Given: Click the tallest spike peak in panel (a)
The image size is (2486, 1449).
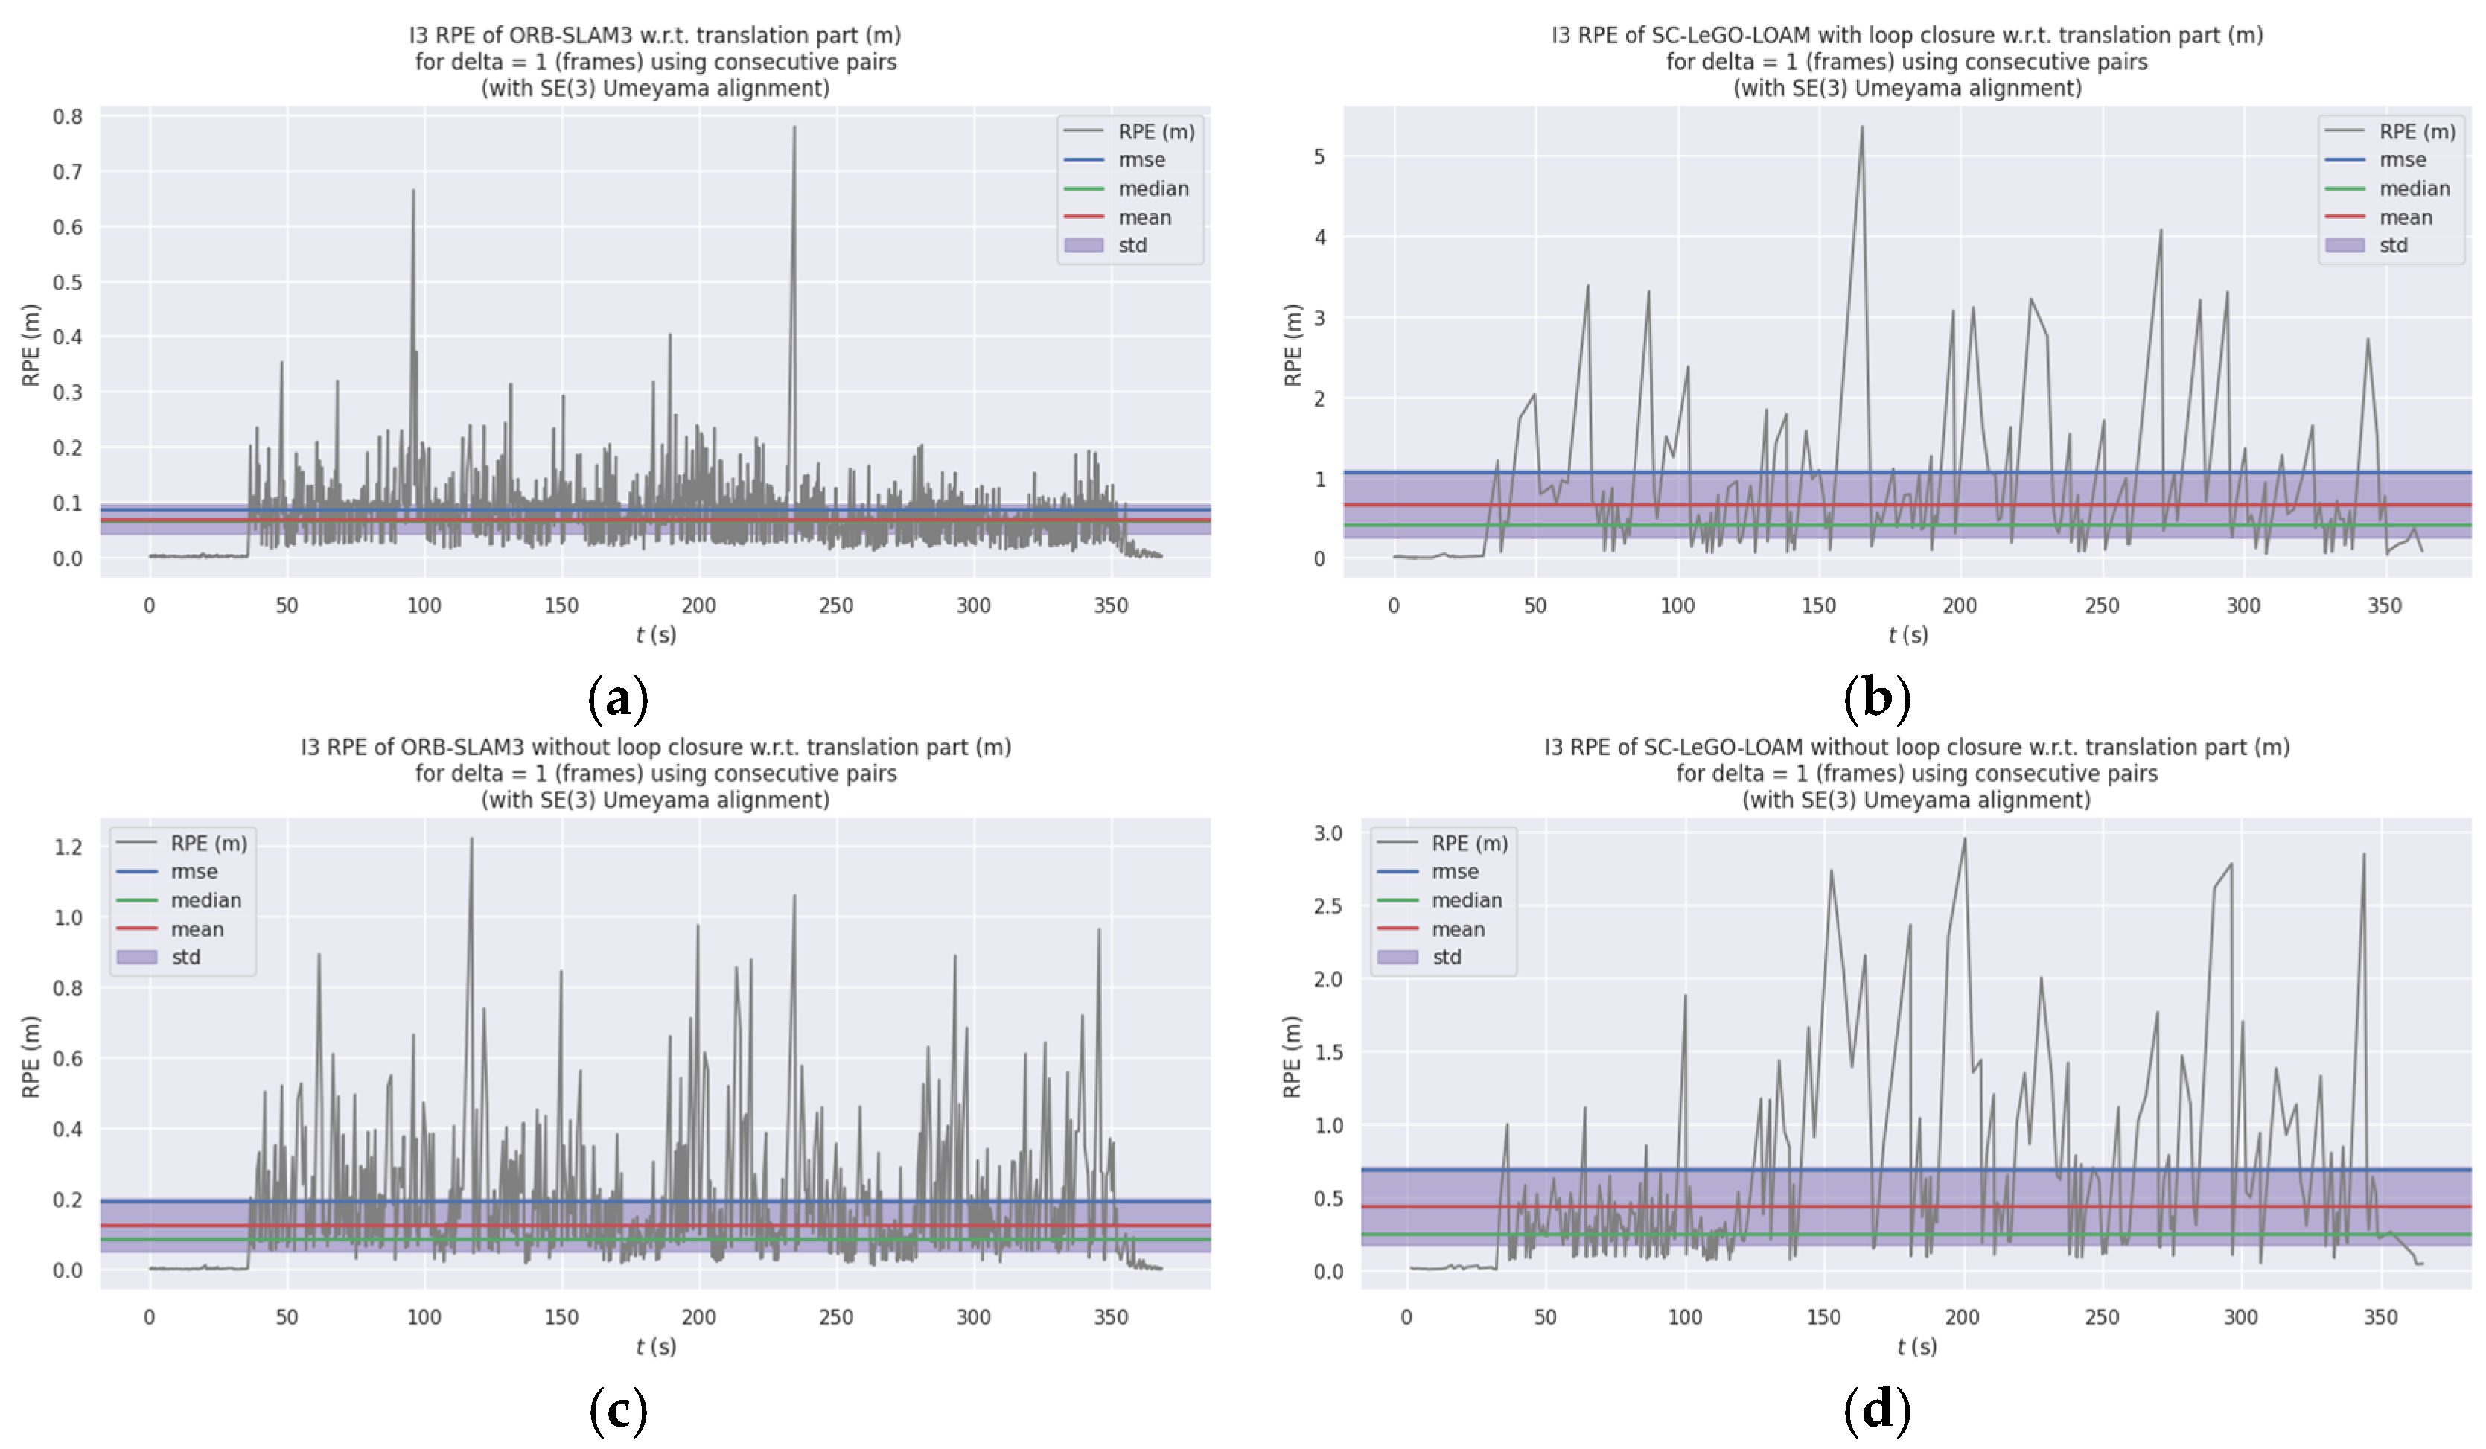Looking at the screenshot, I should click(x=794, y=127).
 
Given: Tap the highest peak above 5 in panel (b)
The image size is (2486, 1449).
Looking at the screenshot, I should click(x=1861, y=127).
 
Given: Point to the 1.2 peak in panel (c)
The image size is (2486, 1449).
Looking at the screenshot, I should click(x=471, y=839).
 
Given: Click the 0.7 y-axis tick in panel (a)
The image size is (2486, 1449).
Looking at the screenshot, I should click(x=67, y=171).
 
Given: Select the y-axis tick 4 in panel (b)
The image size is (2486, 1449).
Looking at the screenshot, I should click(x=1319, y=237).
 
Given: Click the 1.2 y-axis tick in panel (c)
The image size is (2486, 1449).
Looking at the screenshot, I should click(x=67, y=847).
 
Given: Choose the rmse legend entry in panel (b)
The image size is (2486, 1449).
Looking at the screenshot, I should click(x=2402, y=160).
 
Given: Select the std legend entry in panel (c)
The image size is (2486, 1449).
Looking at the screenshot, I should click(x=185, y=957).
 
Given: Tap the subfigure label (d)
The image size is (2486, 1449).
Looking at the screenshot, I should click(x=1876, y=1410).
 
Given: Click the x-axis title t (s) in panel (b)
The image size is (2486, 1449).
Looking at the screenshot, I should click(x=1907, y=634).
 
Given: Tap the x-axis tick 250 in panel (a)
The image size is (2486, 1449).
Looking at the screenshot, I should click(x=835, y=605).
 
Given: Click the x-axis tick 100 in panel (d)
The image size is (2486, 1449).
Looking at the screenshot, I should click(x=1684, y=1316).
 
